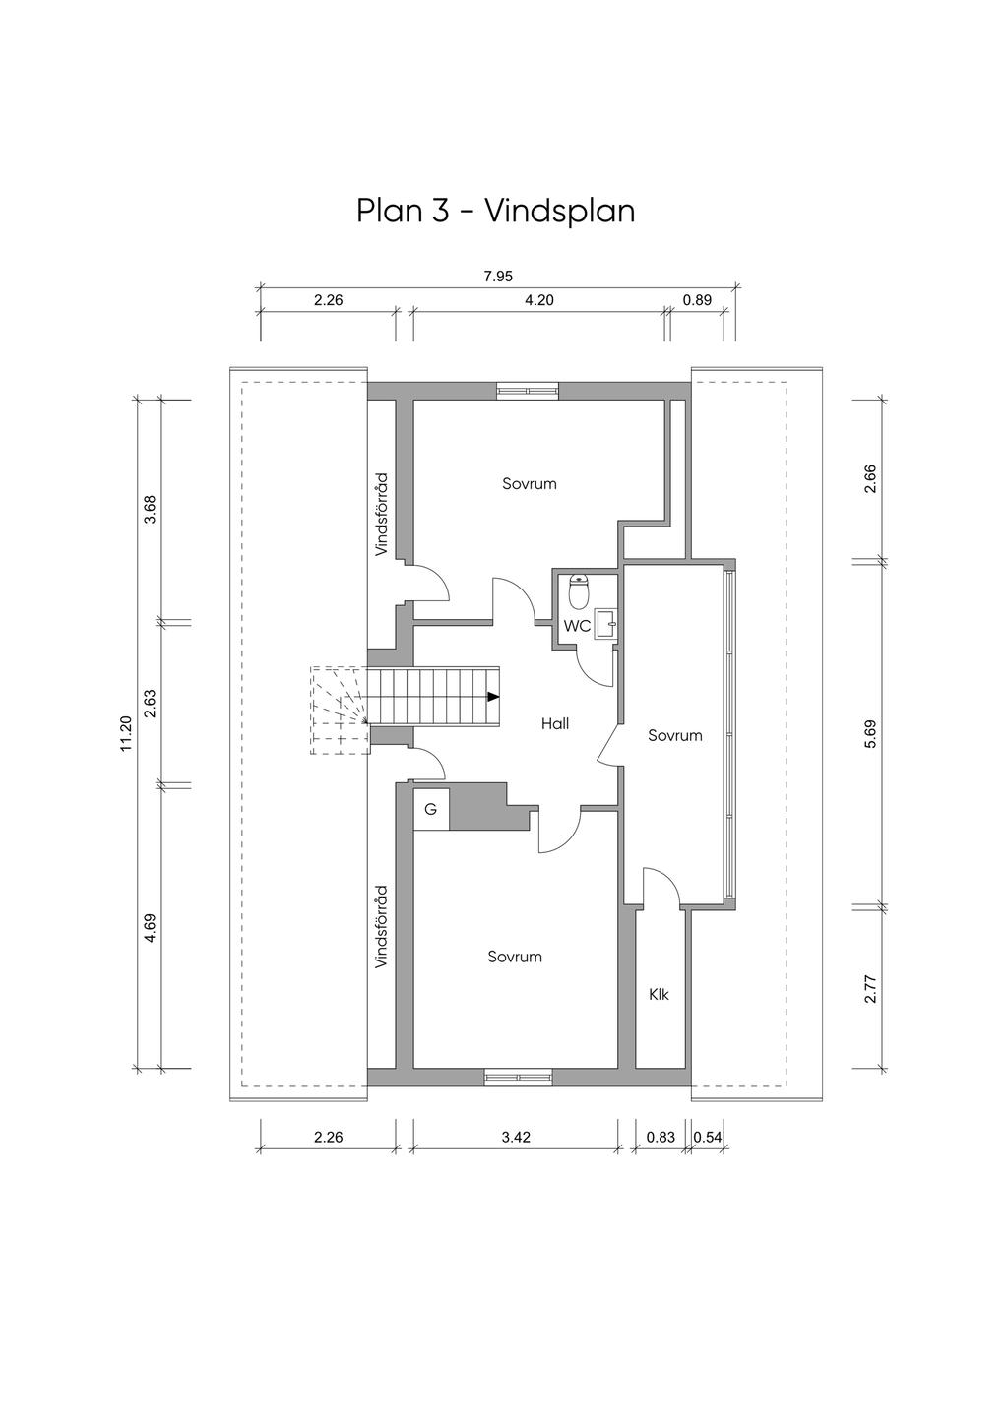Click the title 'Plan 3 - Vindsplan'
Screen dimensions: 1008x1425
click(x=496, y=211)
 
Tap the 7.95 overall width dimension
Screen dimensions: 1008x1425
click(x=498, y=277)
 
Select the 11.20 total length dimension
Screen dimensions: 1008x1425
click(x=125, y=733)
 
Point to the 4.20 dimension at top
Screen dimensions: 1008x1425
click(x=539, y=300)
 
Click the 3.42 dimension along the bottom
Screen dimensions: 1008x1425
click(x=516, y=1137)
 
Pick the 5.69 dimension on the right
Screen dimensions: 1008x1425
click(x=870, y=734)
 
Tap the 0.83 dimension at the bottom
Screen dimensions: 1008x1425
click(x=661, y=1137)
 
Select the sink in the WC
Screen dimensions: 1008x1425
click(x=606, y=624)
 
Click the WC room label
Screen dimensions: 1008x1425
click(x=577, y=626)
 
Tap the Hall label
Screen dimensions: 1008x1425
click(x=555, y=723)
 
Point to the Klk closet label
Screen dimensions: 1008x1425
click(x=660, y=994)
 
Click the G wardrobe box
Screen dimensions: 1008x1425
click(x=431, y=809)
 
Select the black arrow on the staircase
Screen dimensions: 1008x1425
click(x=492, y=697)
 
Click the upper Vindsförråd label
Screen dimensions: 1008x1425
click(x=381, y=514)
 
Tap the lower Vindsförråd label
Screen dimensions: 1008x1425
click(x=381, y=927)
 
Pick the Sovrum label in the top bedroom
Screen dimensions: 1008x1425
click(x=530, y=483)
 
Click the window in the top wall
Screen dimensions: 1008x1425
click(x=528, y=390)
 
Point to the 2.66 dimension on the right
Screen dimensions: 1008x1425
click(x=870, y=479)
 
